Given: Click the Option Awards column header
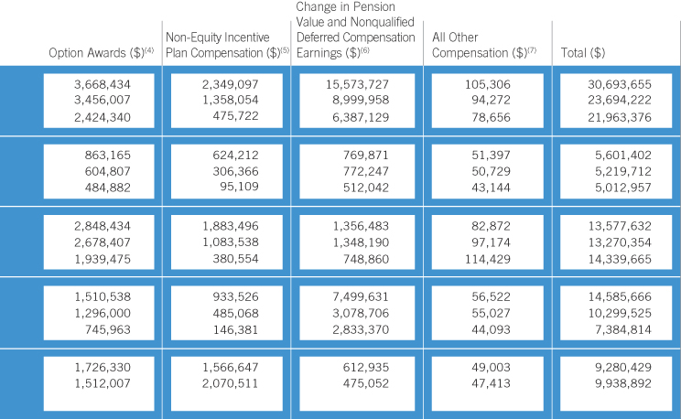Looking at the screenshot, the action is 101,52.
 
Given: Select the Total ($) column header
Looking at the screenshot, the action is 583,53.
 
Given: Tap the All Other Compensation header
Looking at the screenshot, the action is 484,45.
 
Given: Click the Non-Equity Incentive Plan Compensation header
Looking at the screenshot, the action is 227,45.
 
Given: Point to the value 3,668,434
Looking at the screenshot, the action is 103,84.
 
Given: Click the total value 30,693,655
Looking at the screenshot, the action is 620,84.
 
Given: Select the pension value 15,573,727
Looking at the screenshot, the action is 358,84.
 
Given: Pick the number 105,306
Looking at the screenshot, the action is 488,84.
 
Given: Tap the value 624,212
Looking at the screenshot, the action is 235,155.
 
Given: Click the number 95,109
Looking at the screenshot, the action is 239,187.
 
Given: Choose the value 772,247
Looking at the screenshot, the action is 366,171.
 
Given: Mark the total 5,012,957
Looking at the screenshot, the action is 623,188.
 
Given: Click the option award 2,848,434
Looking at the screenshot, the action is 103,226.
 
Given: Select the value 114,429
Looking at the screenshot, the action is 488,259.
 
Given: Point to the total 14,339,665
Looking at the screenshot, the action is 620,259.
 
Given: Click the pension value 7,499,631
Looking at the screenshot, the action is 361,296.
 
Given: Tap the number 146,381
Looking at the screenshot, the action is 235,329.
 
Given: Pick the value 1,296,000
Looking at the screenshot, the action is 103,313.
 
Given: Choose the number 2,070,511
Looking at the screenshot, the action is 230,383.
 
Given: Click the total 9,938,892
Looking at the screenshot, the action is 623,383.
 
